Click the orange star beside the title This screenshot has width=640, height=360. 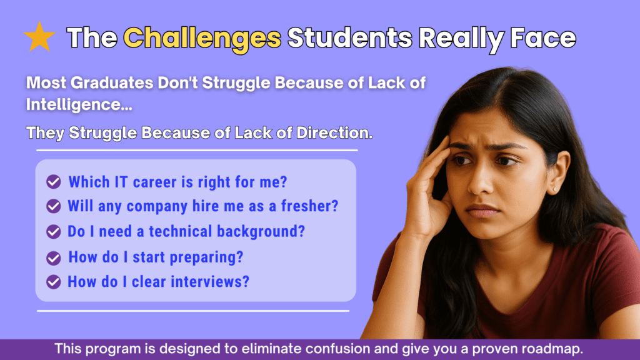39,37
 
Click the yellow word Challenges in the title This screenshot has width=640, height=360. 202,38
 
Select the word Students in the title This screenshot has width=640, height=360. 350,37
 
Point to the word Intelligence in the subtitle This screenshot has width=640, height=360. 79,104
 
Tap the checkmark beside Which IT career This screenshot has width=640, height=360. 54,182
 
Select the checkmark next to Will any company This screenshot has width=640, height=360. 54,206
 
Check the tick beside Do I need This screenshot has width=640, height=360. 54,231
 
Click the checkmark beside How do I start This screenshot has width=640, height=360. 54,258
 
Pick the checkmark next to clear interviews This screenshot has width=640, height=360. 54,282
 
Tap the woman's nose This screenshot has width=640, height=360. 481,180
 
